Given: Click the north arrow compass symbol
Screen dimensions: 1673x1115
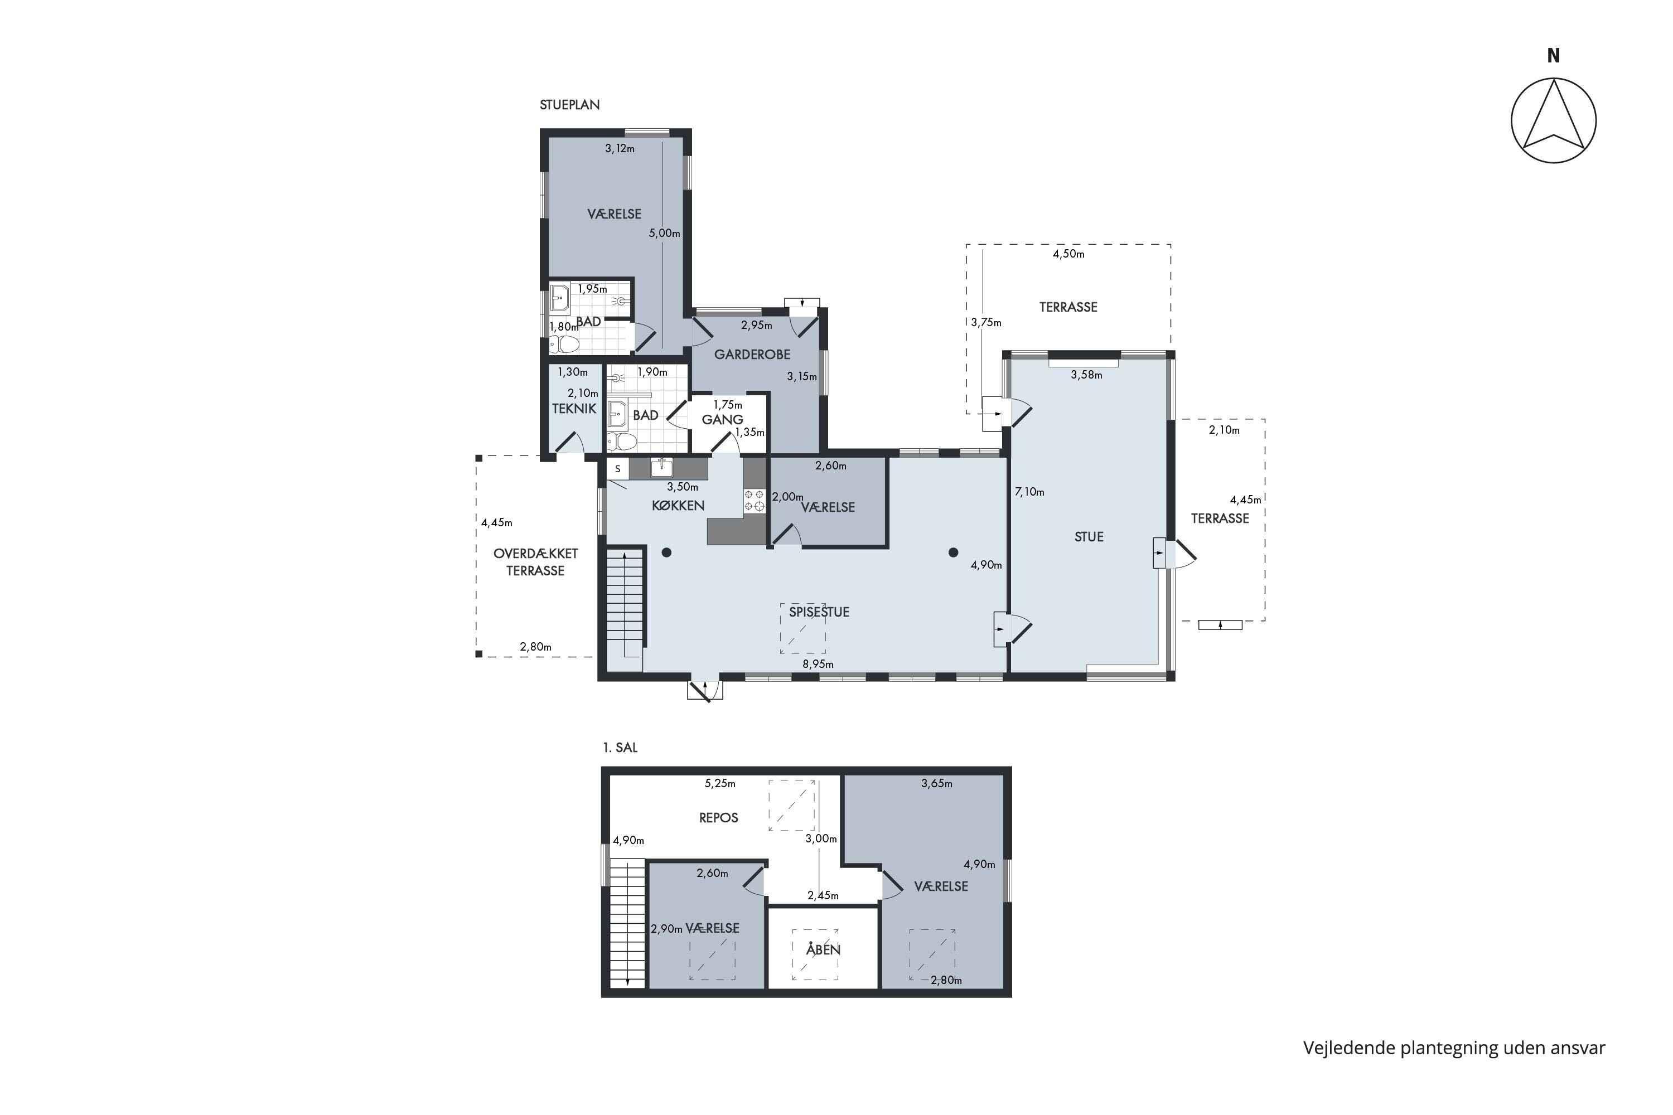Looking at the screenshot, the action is [1554, 120].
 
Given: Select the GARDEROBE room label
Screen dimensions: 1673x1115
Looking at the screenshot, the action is [752, 354].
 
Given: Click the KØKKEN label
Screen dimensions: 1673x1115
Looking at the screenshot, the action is [678, 506].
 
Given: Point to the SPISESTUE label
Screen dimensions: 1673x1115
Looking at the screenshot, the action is [819, 612].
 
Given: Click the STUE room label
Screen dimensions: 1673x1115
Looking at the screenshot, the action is [1089, 537].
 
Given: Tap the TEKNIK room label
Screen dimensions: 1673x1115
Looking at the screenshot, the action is [574, 409].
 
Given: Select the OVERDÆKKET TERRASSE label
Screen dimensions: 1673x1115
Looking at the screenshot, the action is [535, 562].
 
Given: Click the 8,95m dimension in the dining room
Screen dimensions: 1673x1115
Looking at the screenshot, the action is [818, 664].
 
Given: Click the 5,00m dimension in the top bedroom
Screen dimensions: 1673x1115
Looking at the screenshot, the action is [664, 233].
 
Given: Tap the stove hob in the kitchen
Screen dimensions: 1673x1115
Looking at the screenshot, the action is [754, 500].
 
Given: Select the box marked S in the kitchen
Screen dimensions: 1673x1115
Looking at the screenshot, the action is [617, 469].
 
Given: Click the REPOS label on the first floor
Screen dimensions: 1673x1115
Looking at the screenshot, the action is [718, 818].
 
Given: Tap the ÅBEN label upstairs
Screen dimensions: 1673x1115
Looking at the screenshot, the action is [823, 949].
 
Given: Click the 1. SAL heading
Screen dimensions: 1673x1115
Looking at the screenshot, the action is [620, 748].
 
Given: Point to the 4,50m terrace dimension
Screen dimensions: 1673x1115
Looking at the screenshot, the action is [1068, 254].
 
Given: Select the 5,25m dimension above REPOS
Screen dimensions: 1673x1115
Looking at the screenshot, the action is [720, 784].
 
